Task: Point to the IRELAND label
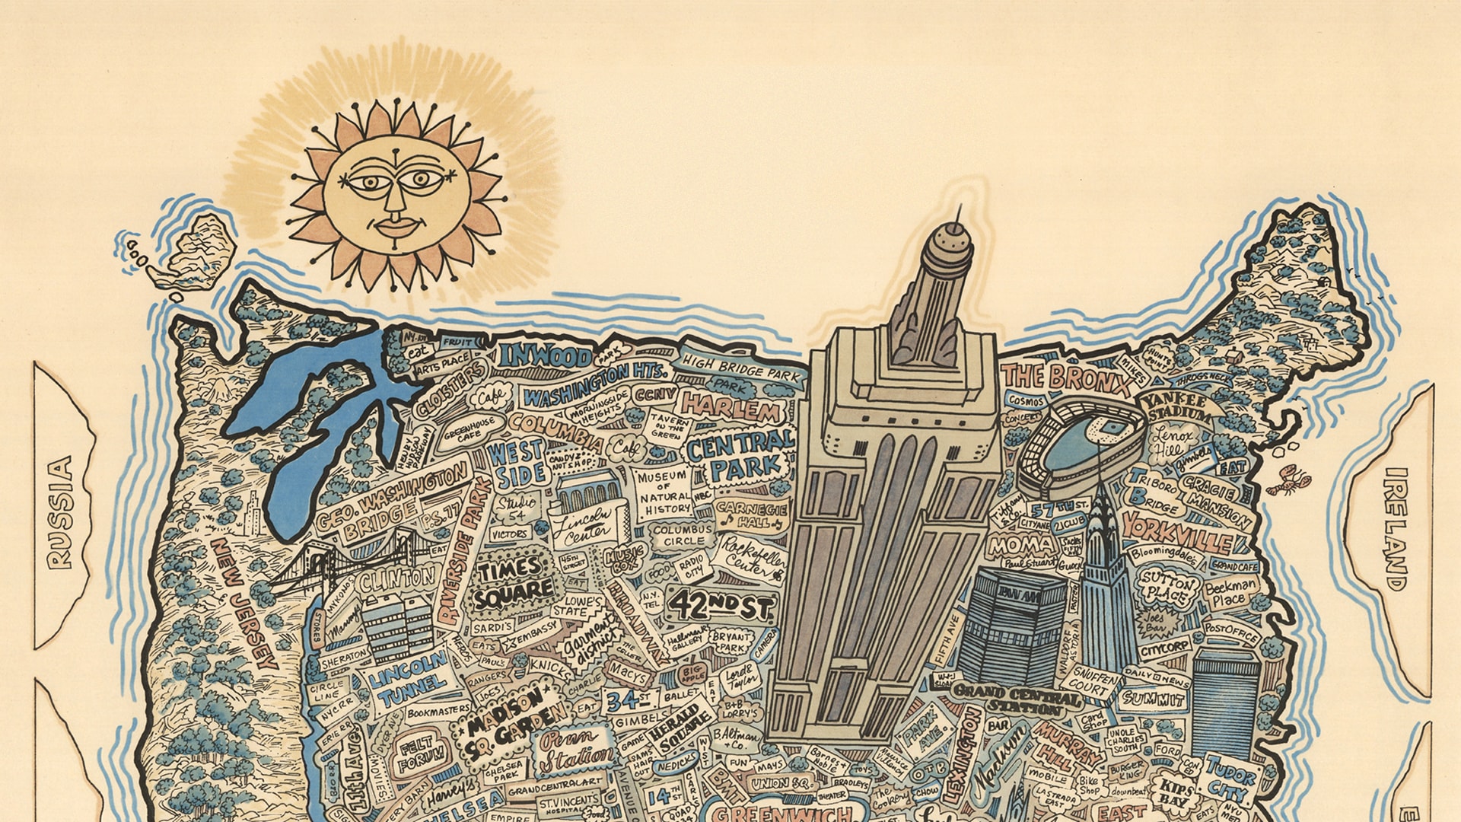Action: (1396, 529)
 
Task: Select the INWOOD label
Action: (545, 356)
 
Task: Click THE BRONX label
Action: (1065, 377)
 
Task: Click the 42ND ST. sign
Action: (720, 606)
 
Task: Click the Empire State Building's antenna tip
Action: (960, 206)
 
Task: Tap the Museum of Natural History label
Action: (663, 491)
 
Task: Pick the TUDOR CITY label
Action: (1229, 776)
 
